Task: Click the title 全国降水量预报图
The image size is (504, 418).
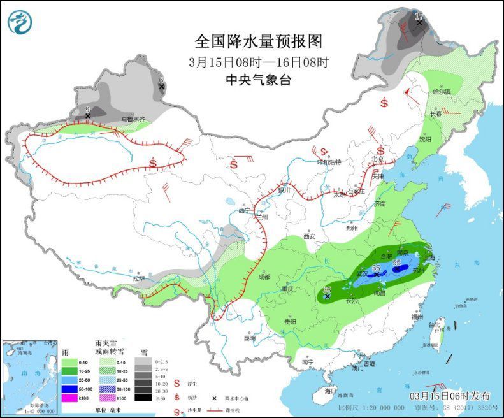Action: [x=259, y=41]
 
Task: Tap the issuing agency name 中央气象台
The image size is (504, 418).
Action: [x=258, y=80]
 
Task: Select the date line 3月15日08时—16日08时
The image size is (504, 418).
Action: [x=259, y=62]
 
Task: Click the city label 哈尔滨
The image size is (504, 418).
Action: [x=442, y=92]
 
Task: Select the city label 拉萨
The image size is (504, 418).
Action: [x=139, y=278]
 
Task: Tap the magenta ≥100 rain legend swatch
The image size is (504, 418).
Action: [x=67, y=398]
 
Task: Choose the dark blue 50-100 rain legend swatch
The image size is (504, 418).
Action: [x=67, y=387]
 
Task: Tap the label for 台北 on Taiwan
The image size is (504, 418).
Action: [x=433, y=325]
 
